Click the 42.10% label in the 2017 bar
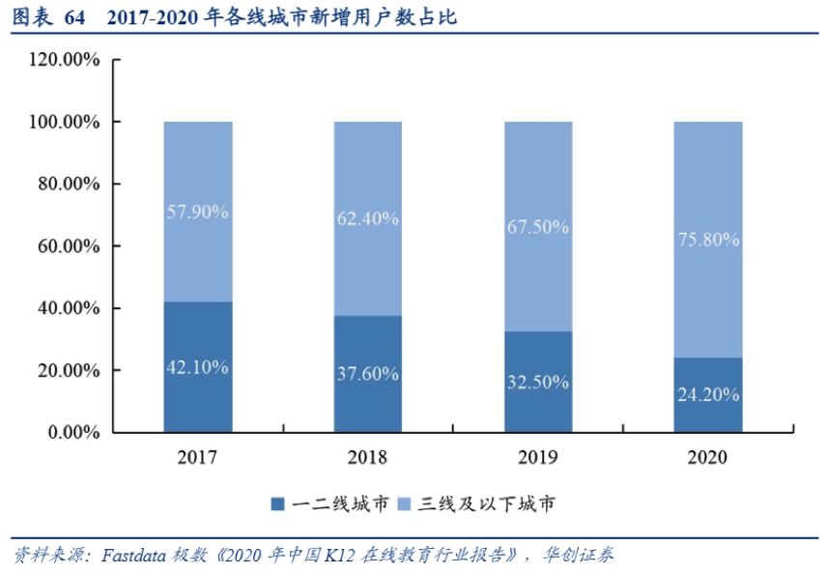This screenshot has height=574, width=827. coord(197,368)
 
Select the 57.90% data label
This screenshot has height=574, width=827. coord(197,212)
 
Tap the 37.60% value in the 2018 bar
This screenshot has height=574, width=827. coord(368,374)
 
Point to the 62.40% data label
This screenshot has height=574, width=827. coord(368,219)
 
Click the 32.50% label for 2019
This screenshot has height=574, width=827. coord(538,382)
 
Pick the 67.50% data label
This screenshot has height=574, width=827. coord(538,228)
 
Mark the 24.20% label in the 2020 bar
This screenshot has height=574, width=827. coord(708,394)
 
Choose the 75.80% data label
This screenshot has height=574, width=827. coord(708,240)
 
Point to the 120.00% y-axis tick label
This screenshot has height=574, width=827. coord(66,60)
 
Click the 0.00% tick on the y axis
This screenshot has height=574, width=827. coord(73,432)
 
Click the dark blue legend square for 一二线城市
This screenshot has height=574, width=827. coord(278,503)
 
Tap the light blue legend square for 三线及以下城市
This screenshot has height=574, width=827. coord(404,503)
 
